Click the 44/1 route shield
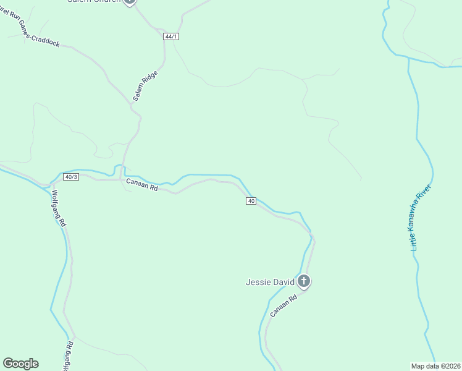point(171,36)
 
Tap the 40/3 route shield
point(71,177)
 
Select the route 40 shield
point(250,201)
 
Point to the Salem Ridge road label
point(145,86)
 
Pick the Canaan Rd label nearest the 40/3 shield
point(142,184)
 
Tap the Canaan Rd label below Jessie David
point(284,306)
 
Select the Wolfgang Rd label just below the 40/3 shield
point(59,208)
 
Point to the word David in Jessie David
point(283,283)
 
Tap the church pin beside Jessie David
point(303,281)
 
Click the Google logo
point(20,364)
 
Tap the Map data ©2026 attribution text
point(435,366)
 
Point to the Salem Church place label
point(93,1)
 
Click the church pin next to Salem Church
point(129,1)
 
